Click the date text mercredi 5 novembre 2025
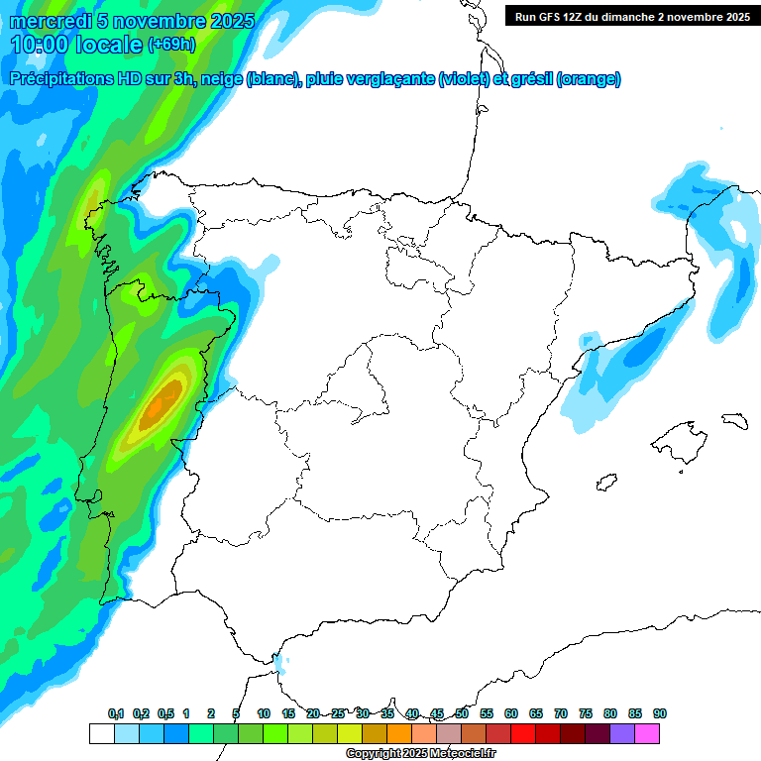133,21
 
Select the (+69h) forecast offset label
171,45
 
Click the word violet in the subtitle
465,79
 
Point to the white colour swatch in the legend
101,734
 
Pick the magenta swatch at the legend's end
647,734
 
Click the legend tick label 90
660,713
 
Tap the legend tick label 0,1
116,713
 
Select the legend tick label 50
462,713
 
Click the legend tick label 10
264,713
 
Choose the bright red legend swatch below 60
523,734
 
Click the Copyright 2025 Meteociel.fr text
421,754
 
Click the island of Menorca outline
734,420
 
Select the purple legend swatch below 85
622,734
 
